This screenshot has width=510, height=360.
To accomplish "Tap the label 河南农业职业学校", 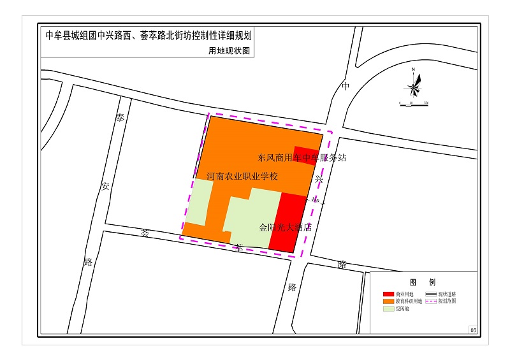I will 242,176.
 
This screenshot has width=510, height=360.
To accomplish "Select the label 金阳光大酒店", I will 285,227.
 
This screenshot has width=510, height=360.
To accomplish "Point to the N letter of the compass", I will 413,69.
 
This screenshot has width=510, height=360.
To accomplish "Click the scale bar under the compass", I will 413,100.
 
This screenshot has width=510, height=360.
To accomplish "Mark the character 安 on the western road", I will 105,186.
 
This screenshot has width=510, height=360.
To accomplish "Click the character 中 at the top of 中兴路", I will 346,86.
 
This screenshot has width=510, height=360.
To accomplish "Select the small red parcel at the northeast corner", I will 306,155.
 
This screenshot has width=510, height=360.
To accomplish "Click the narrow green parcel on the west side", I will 199,202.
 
